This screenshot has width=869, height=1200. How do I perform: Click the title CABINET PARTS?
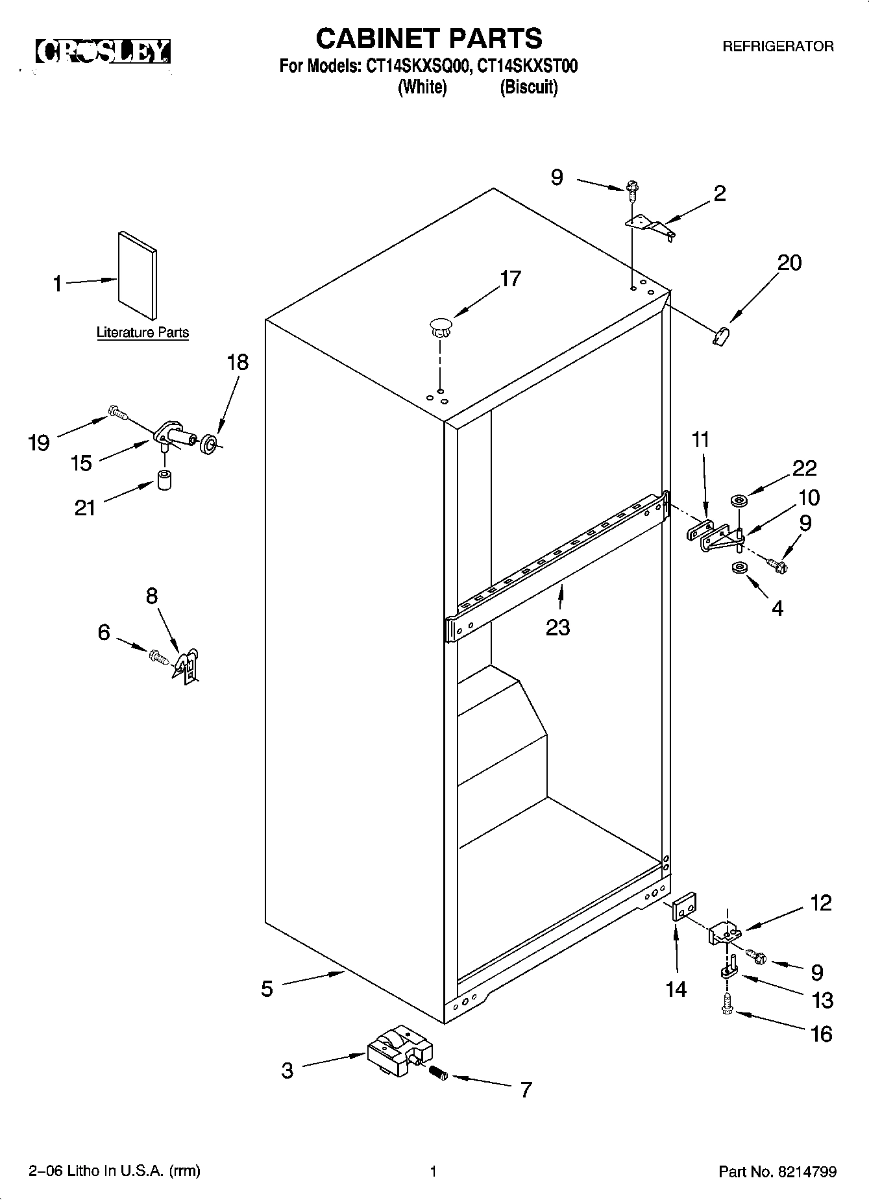point(428,38)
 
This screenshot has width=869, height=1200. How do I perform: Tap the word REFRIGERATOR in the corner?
point(777,47)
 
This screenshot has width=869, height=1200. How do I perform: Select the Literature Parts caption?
point(142,332)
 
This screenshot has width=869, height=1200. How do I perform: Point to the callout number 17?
point(510,278)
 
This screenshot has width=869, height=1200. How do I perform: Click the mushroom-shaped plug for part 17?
point(440,326)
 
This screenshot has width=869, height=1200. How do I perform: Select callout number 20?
point(790,263)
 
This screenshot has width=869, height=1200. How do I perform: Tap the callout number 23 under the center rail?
point(557,627)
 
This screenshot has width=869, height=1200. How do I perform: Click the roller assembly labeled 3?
point(398,1052)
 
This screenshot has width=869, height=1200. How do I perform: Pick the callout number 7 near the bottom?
point(526,1089)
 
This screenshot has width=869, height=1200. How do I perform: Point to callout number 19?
point(39,443)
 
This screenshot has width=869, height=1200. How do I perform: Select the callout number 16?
point(821,1033)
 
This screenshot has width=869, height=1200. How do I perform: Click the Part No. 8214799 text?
point(777,1171)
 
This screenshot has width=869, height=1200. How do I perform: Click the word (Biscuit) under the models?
point(528,87)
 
